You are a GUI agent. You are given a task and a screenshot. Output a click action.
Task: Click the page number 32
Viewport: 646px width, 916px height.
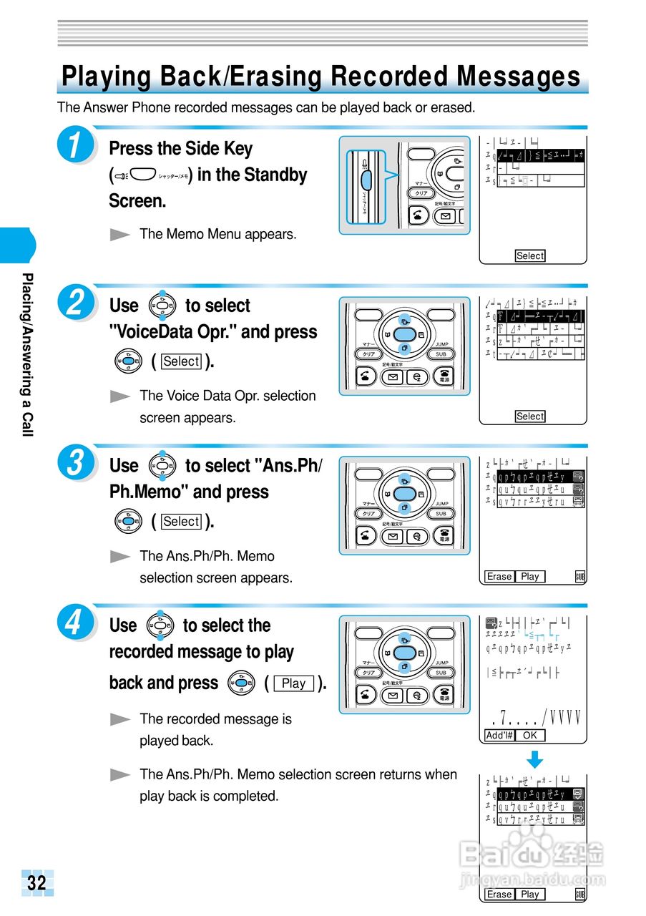(x=36, y=882)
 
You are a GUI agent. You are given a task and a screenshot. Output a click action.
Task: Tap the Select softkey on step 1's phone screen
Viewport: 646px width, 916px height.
(x=530, y=255)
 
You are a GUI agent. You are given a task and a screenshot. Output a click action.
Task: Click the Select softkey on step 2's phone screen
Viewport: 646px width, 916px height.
(x=530, y=416)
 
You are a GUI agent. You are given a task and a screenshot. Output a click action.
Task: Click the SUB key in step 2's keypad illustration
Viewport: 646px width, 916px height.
(x=441, y=354)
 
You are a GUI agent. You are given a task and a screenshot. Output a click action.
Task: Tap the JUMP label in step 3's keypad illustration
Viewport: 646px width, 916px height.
(x=441, y=504)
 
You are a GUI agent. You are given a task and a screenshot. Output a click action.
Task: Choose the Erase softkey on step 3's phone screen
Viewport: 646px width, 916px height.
(x=499, y=576)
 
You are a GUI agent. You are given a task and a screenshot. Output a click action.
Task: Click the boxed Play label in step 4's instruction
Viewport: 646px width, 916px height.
(x=293, y=683)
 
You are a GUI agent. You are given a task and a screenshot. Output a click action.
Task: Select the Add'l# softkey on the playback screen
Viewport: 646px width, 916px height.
(x=499, y=735)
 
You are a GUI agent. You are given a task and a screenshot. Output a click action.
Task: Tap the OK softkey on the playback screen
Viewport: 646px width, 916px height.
(x=529, y=735)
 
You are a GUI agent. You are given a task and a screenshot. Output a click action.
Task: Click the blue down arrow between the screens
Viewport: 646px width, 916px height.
(x=535, y=759)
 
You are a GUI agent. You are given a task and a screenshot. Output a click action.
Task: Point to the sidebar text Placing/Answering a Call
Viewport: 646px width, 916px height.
(x=27, y=354)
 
